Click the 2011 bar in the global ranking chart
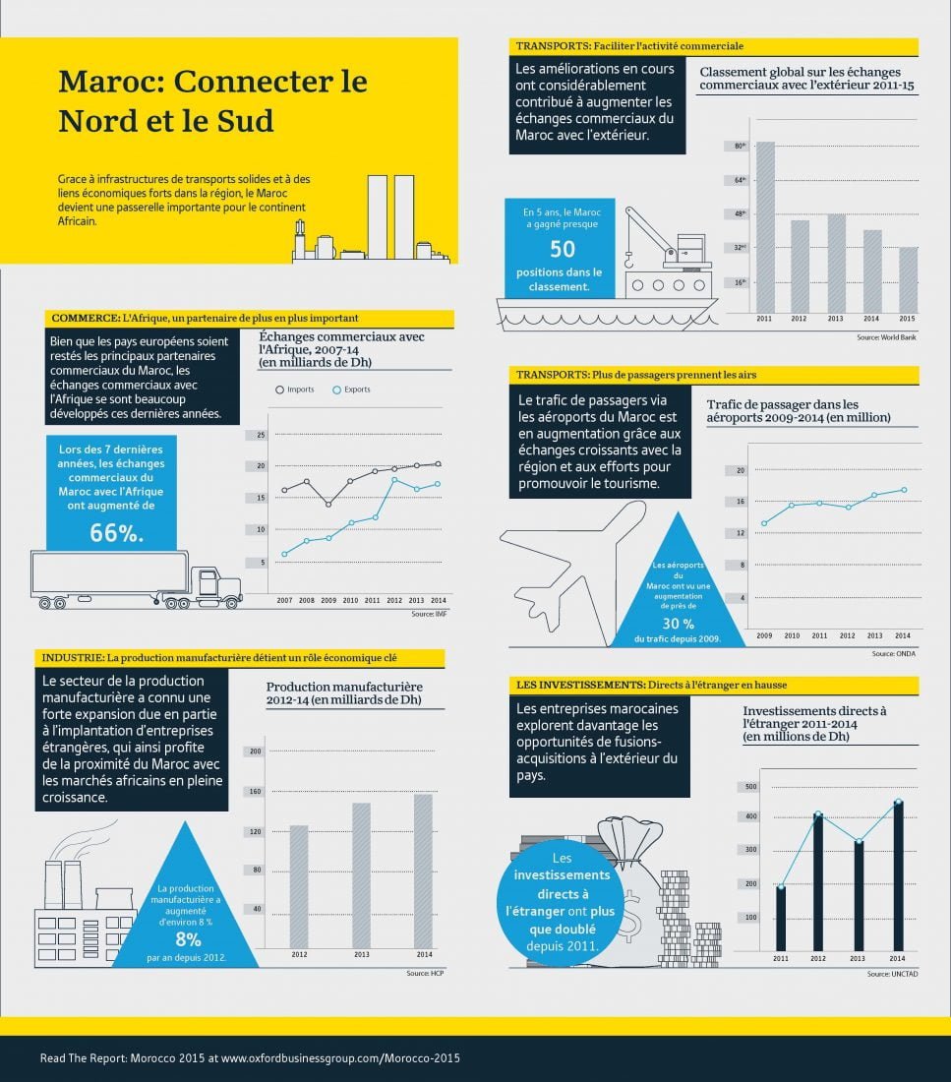coord(764,227)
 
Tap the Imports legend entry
coord(294,390)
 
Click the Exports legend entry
coord(350,390)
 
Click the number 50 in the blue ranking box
coord(562,249)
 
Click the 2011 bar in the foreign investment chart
coord(780,916)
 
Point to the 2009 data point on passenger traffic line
coord(764,523)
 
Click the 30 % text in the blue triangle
coord(678,624)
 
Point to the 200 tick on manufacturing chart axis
coord(256,752)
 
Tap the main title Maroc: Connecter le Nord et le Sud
coord(212,100)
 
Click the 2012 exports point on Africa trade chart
coord(394,479)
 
